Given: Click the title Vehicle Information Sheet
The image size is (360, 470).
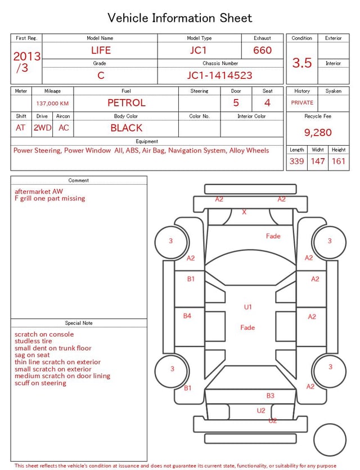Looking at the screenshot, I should point(180,18).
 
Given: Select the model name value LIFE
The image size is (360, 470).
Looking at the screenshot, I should point(101,50).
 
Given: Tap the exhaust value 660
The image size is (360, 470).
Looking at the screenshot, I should point(262,50).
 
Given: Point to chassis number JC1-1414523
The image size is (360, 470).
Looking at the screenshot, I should point(219,75).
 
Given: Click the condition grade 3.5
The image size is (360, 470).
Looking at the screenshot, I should point(302,62).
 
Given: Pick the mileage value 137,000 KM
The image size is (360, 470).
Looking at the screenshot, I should point(52,104).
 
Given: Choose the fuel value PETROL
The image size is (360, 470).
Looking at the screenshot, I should point(127,103).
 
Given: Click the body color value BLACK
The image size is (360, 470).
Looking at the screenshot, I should point(127,128).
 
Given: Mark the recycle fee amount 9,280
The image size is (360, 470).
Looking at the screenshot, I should point(318,133).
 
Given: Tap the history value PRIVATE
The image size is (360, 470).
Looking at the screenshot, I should point(302,103).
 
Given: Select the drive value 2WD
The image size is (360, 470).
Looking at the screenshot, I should point(42,128).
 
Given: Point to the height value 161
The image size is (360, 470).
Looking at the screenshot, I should point(339,162).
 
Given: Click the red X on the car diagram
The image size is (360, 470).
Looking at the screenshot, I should point(244,212).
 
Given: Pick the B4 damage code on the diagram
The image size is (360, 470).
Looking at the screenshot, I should point(187,316).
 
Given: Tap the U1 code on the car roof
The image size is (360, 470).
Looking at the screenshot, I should point(248,307).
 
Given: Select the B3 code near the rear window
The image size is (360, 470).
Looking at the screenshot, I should point(271,396).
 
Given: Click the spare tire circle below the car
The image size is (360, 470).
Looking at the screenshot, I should point(330,439).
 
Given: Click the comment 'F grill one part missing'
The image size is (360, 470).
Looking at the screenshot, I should point(50,199).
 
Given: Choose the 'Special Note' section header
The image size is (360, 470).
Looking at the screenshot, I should point(79,323).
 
